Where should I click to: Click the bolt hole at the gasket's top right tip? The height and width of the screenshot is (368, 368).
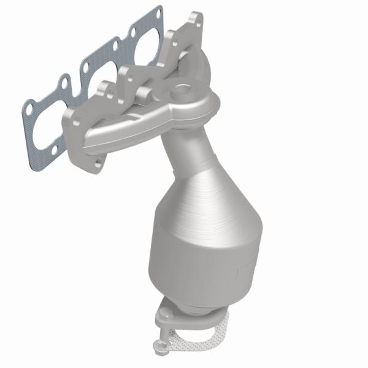(158, 12)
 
